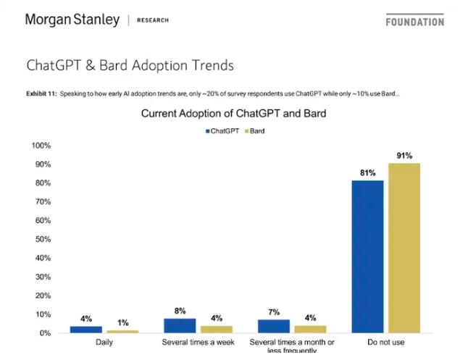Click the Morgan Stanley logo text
tap(72, 20)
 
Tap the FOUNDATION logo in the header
tap(414, 22)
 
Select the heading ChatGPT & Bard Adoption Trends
tap(130, 65)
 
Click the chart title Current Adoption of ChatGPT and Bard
tap(233, 114)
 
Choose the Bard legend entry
tap(254, 131)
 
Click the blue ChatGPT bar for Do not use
tap(367, 256)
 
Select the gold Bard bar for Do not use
tap(403, 248)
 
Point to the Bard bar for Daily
tap(122, 331)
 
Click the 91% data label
tap(403, 156)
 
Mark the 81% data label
tap(367, 173)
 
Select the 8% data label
tap(180, 311)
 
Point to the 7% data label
tap(273, 312)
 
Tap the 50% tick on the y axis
tap(41, 239)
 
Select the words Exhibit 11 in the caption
tap(40, 93)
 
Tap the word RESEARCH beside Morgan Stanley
tap(153, 20)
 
